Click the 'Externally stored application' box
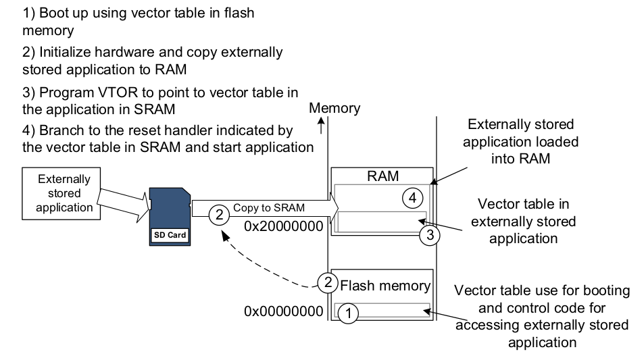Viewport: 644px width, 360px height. point(64,193)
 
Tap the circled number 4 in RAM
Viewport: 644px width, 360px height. point(412,199)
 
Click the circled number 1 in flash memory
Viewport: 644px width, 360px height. point(347,313)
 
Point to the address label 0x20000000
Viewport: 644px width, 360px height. point(284,226)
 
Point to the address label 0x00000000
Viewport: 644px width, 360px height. point(284,311)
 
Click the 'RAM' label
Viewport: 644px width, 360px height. point(382,176)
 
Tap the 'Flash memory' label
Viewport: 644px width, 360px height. point(385,285)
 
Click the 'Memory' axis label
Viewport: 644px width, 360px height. point(335,108)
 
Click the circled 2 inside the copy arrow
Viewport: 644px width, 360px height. point(218,215)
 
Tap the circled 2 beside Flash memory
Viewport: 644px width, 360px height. point(328,283)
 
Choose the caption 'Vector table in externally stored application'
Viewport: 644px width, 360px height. point(523,221)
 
